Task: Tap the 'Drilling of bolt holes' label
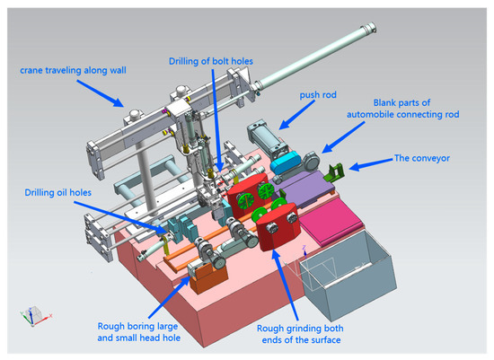[x=210, y=60]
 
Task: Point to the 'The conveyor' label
[x=422, y=157]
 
